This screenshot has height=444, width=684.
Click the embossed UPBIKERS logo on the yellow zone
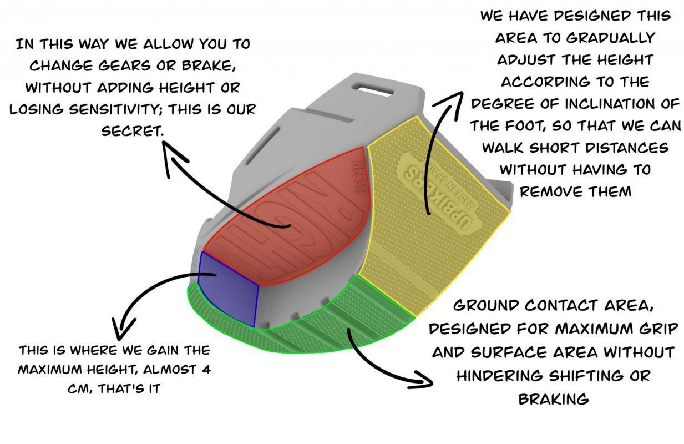pyautogui.click(x=437, y=193)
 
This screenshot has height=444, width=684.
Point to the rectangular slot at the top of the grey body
pyautogui.click(x=373, y=89)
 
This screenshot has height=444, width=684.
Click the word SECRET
pyautogui.click(x=132, y=132)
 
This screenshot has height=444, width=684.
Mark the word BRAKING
pyautogui.click(x=554, y=400)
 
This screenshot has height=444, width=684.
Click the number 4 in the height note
pyautogui.click(x=206, y=370)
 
